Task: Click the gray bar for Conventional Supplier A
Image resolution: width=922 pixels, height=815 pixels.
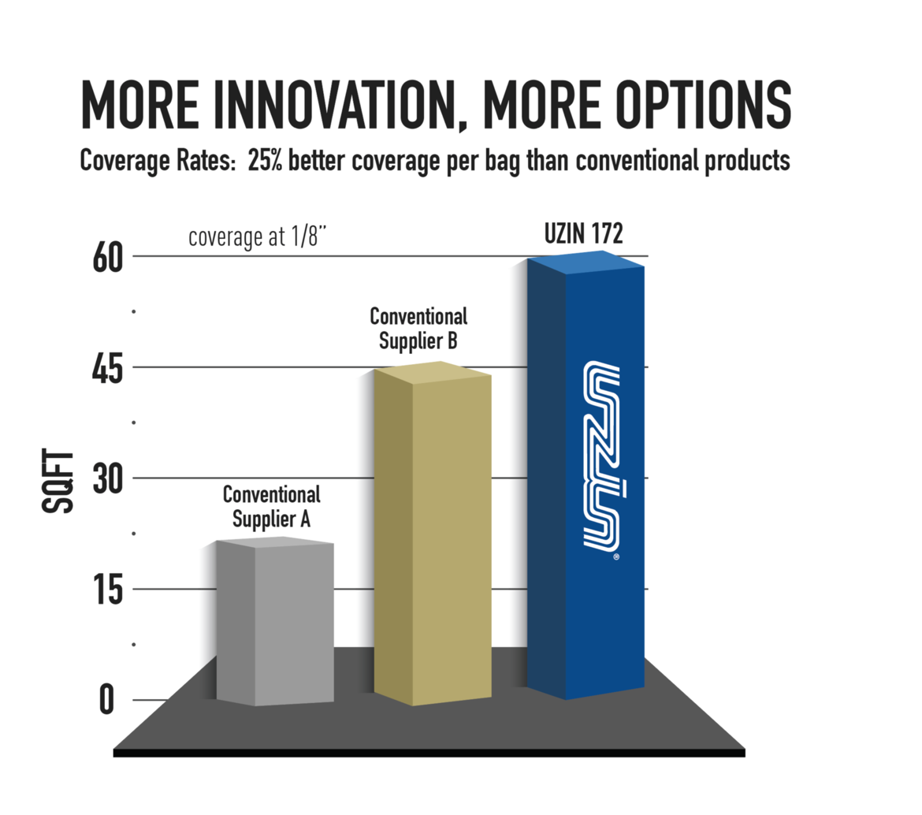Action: coord(275,621)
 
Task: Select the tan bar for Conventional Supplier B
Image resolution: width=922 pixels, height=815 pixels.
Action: coord(433,534)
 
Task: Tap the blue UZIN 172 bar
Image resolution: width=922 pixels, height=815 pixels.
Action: coord(586,475)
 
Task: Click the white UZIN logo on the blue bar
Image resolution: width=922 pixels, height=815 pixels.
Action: coord(601,456)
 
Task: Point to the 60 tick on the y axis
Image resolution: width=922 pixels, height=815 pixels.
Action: coord(108,258)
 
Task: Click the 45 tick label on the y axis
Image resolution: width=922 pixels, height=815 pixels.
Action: coord(108,370)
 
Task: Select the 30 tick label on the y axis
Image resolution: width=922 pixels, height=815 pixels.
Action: coord(108,480)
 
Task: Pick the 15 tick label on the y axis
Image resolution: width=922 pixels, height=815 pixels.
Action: coord(108,590)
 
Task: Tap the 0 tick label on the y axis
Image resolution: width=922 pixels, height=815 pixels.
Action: coord(106,700)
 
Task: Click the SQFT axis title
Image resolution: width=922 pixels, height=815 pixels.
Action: coord(58,481)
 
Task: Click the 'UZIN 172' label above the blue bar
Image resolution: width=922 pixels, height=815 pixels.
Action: coord(583,233)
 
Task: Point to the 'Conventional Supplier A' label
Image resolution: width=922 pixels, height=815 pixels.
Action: coord(272,507)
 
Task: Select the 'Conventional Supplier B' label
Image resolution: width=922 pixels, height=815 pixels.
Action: coord(418,329)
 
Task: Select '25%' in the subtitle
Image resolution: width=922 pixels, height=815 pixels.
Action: coord(265,160)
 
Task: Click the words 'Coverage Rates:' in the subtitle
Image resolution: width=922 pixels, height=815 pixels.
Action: coord(158,161)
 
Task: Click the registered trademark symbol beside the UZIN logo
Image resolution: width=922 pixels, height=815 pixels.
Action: coord(616,556)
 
